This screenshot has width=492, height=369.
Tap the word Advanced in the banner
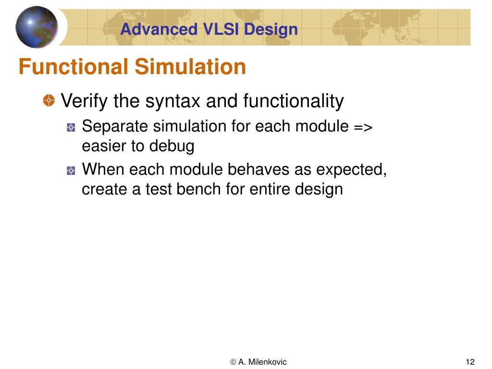coord(158,29)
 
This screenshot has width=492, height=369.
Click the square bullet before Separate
coord(71,128)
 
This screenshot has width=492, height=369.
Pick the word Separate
coord(115,127)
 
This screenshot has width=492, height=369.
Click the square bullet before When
coord(71,170)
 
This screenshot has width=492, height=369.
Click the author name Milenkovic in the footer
coord(268,362)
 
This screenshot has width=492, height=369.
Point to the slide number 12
coord(470,362)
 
